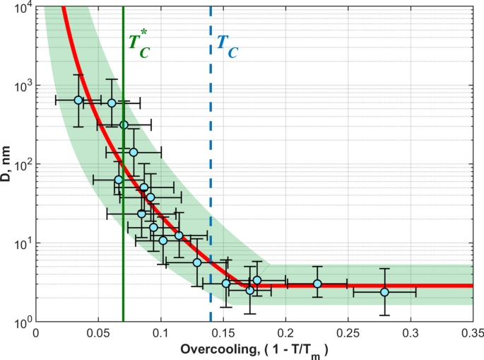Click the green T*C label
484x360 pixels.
coord(138,42)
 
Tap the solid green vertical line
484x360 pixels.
coord(123,212)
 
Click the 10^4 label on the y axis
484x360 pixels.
coord(21,8)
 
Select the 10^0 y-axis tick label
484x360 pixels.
coord(21,321)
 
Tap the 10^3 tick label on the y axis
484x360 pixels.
coord(21,86)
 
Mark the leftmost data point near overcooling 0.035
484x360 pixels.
coord(78,100)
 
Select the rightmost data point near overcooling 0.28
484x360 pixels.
coord(384,292)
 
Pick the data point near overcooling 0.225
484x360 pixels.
coord(317,284)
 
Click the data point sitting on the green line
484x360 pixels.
coord(124,125)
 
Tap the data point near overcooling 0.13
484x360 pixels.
coord(197,262)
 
